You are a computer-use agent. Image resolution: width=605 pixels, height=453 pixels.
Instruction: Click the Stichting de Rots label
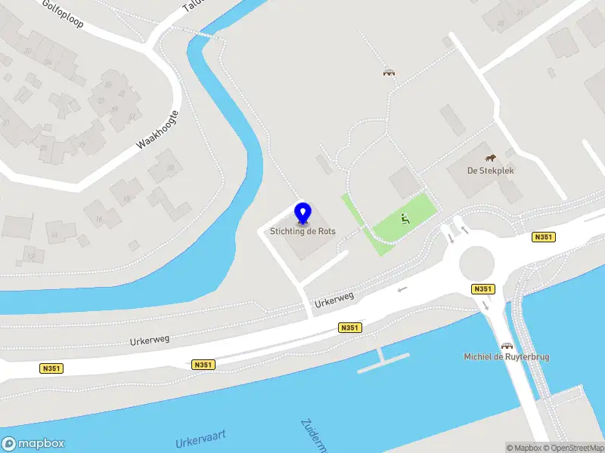(303, 231)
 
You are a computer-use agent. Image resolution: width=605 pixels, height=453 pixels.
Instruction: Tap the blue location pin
(303, 213)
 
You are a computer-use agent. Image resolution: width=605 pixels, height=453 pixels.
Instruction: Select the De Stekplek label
(491, 171)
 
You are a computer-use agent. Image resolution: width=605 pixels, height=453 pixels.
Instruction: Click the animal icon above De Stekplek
(491, 158)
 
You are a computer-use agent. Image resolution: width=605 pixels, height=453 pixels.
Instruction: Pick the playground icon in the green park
(405, 220)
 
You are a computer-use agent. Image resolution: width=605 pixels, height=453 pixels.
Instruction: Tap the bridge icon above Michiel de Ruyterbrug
(499, 344)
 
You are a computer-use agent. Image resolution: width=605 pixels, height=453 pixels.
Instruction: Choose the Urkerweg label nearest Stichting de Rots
(335, 299)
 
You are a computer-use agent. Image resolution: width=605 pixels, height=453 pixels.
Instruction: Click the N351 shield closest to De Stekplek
(544, 237)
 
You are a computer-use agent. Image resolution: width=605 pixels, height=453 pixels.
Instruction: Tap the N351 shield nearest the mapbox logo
(51, 368)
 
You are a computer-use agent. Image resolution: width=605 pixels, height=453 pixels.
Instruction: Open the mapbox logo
(33, 444)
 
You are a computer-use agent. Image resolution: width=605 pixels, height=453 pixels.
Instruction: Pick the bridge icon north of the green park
(389, 72)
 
